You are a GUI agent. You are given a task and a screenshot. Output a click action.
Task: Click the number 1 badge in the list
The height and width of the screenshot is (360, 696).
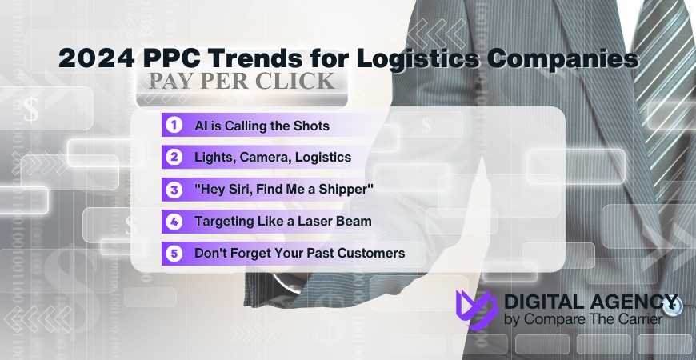(172, 126)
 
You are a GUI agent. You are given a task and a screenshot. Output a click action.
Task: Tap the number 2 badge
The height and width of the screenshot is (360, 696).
(172, 157)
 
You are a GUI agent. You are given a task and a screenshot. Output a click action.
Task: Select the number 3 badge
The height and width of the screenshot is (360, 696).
(172, 189)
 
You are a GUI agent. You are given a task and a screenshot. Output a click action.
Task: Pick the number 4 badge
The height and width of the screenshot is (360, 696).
(172, 221)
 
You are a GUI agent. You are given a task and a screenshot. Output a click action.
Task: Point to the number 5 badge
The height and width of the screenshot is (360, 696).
(172, 253)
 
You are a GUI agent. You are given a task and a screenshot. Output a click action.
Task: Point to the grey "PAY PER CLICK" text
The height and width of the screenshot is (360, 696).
(240, 82)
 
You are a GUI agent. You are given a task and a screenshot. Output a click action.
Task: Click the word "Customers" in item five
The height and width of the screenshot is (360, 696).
(371, 253)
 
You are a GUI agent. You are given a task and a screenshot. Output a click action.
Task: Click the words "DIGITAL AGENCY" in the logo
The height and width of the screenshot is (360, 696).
(591, 302)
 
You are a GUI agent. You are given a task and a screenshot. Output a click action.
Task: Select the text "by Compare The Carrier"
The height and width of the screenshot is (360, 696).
(582, 320)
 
